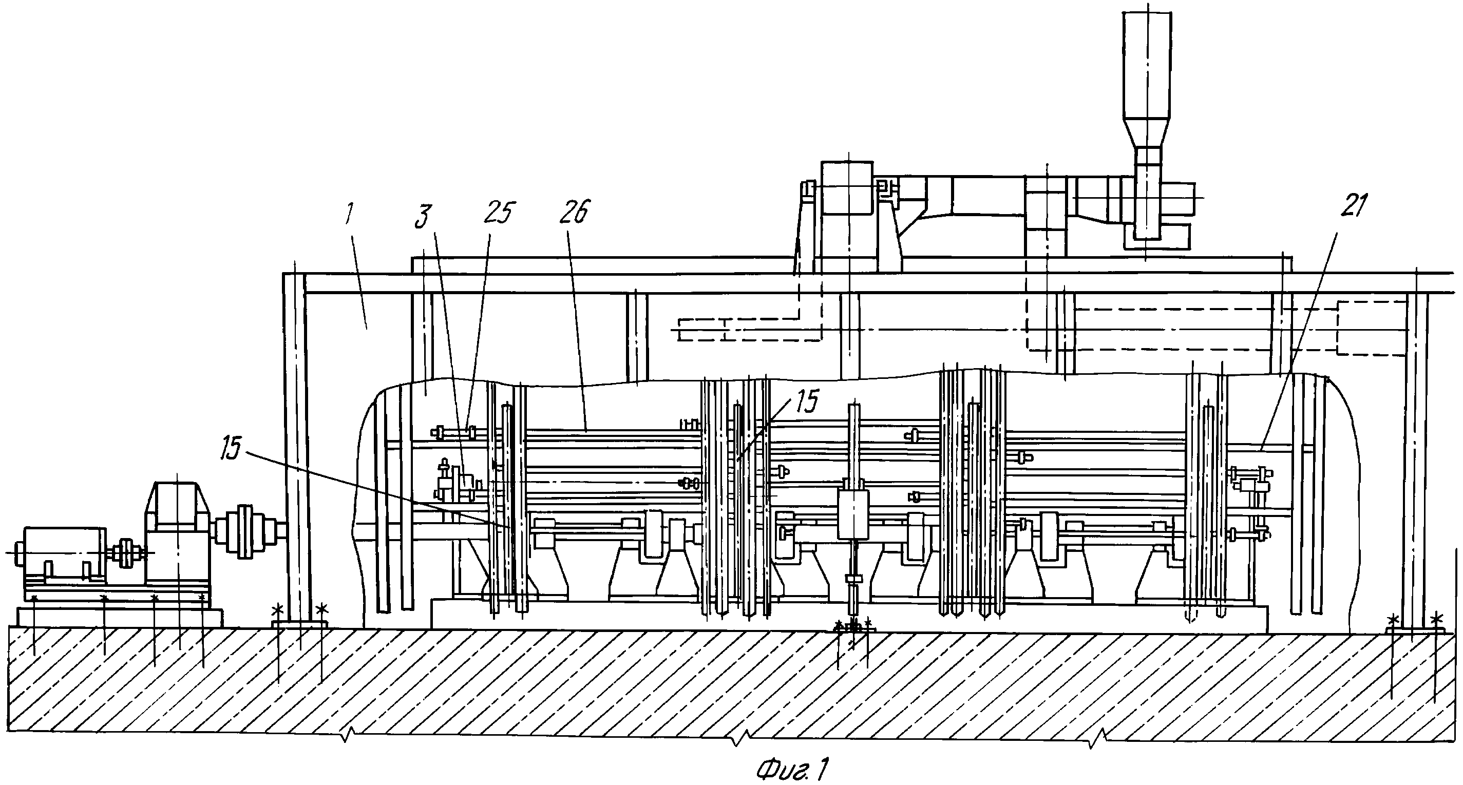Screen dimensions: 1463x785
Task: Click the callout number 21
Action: [1354, 206]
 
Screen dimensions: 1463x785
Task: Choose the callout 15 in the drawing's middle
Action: [806, 401]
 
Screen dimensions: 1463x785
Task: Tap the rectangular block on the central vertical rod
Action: [853, 514]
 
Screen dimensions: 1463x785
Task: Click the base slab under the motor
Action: [119, 616]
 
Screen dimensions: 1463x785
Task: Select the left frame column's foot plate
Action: [300, 624]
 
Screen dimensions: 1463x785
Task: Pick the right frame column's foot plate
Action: [1414, 630]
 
